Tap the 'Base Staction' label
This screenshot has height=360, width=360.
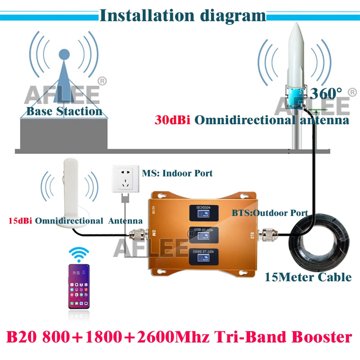pos(64,111)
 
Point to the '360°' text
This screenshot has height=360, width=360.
pos(326,94)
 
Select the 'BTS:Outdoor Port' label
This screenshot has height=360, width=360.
pos(270,213)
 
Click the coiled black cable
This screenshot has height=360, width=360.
pos(319,245)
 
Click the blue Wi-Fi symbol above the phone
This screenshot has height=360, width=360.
pos(77,253)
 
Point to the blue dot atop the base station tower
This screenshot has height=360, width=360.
pos(64,55)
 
